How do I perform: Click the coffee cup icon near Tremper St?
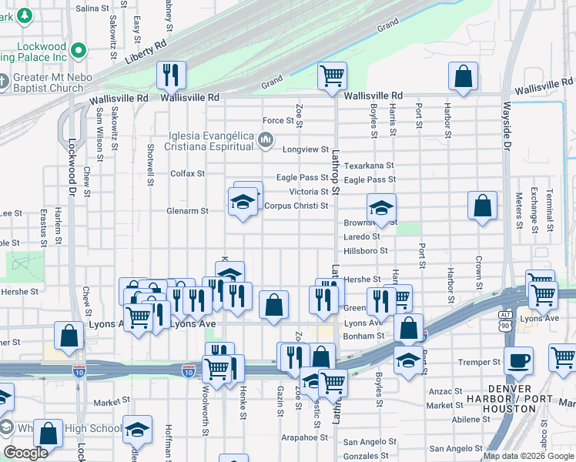(518, 360)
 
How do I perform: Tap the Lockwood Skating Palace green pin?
(78, 52)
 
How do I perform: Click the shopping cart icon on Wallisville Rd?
(332, 76)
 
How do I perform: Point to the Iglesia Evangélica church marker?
(266, 139)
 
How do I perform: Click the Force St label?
(279, 120)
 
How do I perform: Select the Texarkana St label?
(368, 166)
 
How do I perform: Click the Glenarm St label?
(187, 210)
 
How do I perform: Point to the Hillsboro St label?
(365, 251)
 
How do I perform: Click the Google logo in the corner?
(26, 453)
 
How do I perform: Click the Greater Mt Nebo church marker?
(4, 81)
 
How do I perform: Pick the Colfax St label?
(187, 173)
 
